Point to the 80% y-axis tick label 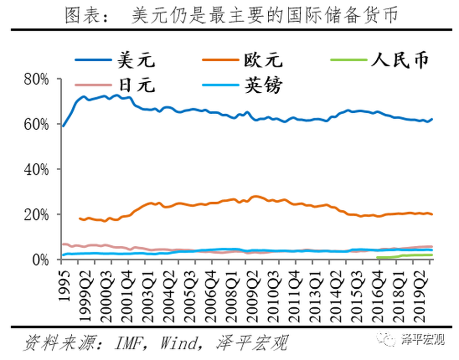point(36,79)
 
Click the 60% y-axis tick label point(36,124)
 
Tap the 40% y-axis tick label point(36,169)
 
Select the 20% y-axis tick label point(36,215)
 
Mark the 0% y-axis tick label point(41,260)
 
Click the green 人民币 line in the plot point(406,256)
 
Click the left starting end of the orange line point(80,218)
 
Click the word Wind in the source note point(179,343)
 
